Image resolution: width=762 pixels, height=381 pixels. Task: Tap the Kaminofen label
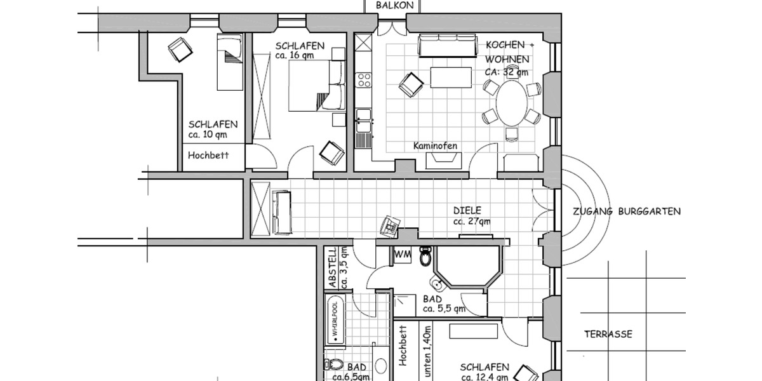tap(435, 146)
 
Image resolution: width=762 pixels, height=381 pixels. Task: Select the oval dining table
tap(511, 103)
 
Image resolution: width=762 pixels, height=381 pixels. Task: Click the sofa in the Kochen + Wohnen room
tap(447, 46)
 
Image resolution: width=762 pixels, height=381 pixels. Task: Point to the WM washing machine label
tap(401, 255)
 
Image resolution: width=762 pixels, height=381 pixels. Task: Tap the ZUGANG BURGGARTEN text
tap(626, 211)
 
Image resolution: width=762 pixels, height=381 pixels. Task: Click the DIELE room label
tap(467, 210)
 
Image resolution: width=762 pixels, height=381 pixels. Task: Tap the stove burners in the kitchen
tap(364, 80)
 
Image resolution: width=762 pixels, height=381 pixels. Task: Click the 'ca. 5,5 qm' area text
tap(444, 309)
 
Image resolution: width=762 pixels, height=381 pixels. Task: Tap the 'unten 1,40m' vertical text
tap(427, 352)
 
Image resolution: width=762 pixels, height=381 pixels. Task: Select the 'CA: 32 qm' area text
tap(507, 72)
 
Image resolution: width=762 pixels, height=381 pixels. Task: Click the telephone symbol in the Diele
tap(390, 225)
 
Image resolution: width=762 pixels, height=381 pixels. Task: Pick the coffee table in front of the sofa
tap(451, 77)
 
